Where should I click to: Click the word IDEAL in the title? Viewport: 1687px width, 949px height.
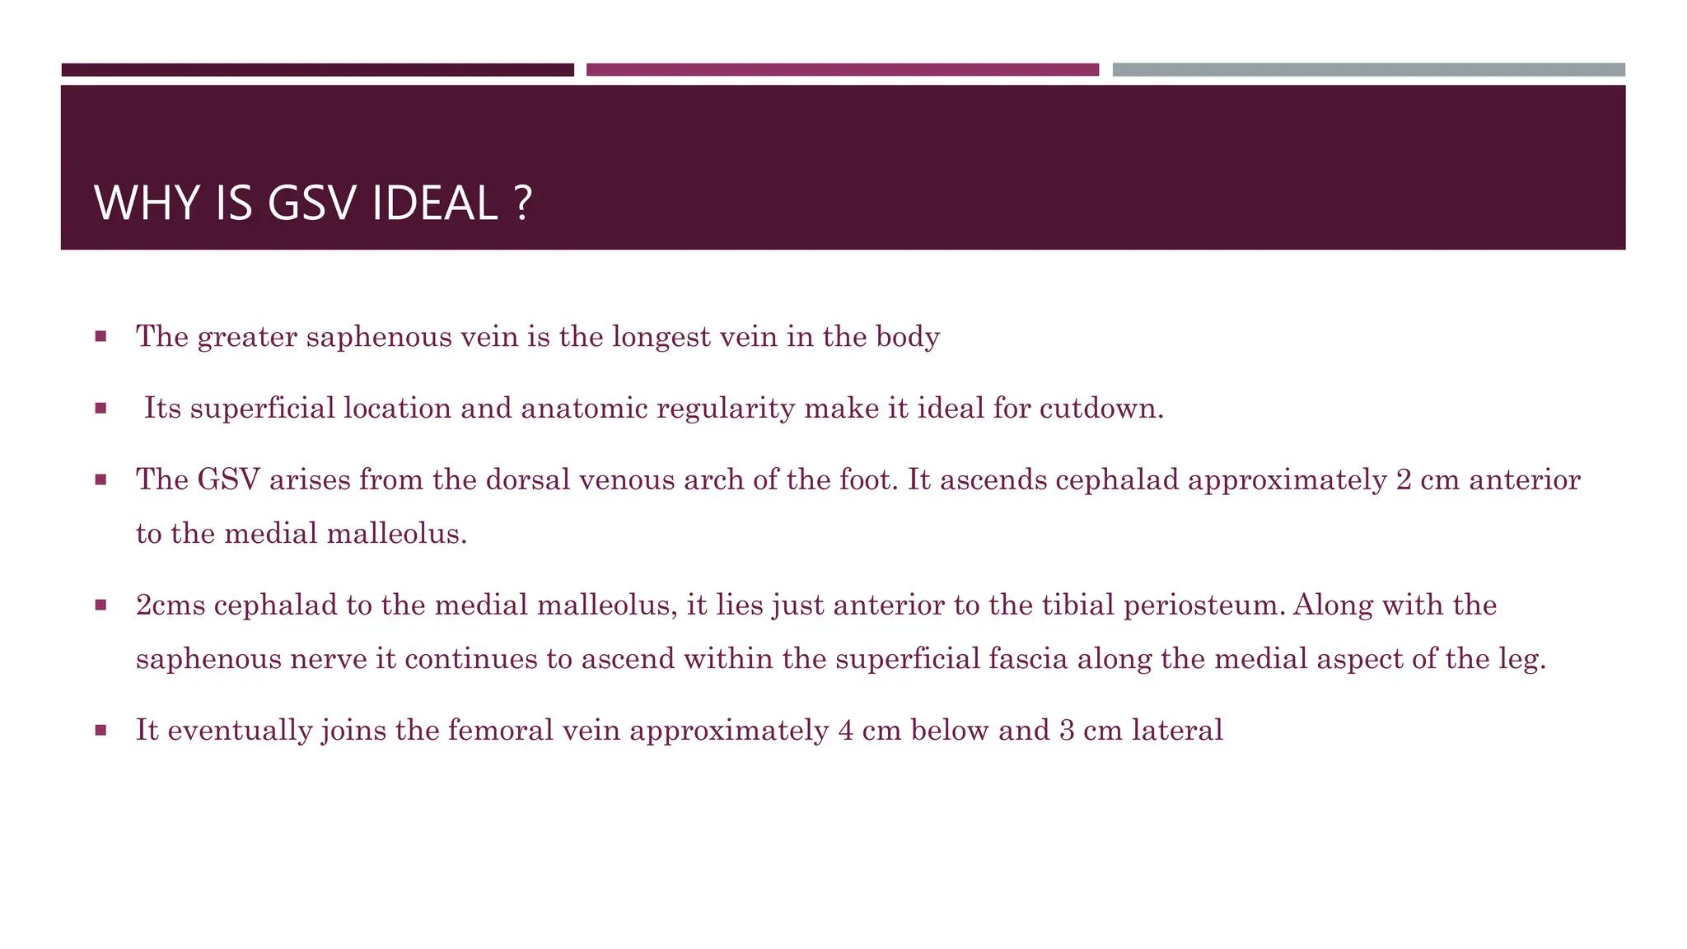click(x=434, y=203)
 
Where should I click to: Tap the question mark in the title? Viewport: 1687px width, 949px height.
click(x=522, y=203)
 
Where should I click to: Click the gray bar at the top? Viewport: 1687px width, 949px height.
click(x=1368, y=70)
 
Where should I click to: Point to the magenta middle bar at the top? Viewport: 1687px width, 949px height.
click(x=842, y=70)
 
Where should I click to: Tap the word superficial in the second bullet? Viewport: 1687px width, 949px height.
click(x=262, y=409)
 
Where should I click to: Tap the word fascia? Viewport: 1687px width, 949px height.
click(x=1028, y=659)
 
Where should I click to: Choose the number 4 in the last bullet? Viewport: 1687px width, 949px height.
click(x=846, y=731)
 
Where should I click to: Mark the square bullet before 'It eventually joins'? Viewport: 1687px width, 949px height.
click(x=100, y=730)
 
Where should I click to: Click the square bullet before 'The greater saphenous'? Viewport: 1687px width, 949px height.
click(x=100, y=336)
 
